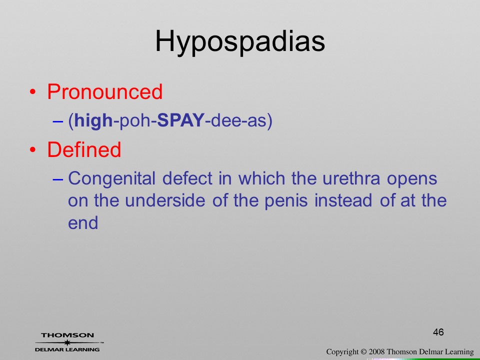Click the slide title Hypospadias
(240, 42)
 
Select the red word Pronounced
(104, 91)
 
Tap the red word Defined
(84, 149)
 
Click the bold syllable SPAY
(180, 120)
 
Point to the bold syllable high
(93, 120)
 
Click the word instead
(343, 200)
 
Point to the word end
(83, 223)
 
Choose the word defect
(187, 178)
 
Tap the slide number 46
(438, 332)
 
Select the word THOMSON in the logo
(67, 335)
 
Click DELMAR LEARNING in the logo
(67, 349)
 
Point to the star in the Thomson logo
(67, 342)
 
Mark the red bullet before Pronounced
(33, 92)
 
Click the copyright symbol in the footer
(363, 352)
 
